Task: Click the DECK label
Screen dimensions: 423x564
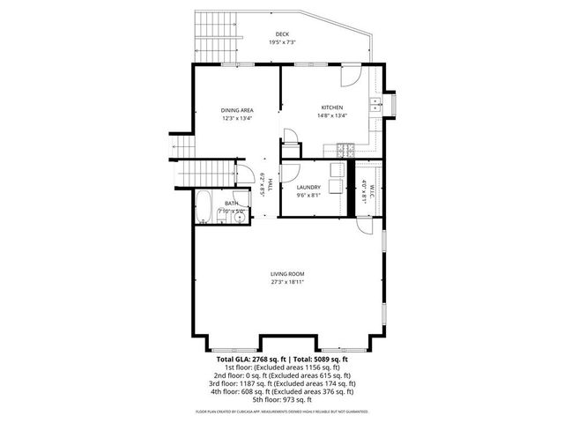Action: point(282,34)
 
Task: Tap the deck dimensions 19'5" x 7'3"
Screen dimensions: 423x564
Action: point(282,42)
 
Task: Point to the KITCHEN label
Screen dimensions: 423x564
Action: point(331,108)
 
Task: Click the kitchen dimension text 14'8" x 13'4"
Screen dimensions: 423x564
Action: point(331,115)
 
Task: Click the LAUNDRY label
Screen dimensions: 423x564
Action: point(308,188)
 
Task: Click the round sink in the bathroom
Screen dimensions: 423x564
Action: point(241,219)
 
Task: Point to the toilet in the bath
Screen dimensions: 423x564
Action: point(221,220)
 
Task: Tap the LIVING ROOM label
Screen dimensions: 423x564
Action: point(287,276)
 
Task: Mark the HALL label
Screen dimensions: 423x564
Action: point(270,185)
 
